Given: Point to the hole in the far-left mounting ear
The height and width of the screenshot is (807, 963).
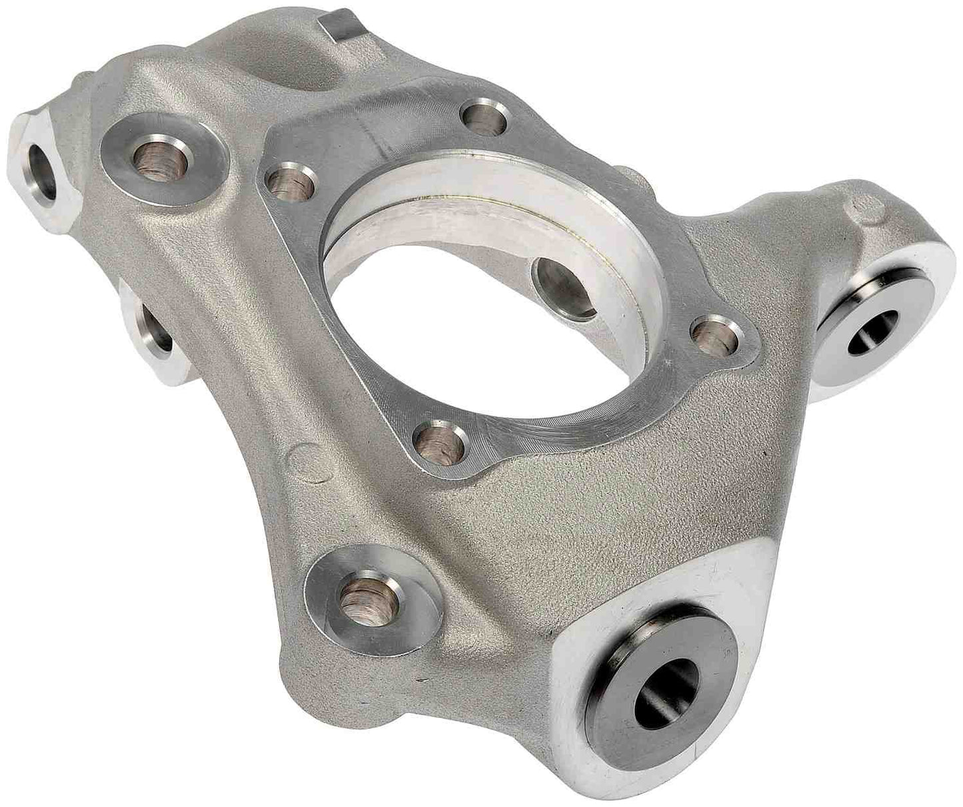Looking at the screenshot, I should (47, 169).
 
